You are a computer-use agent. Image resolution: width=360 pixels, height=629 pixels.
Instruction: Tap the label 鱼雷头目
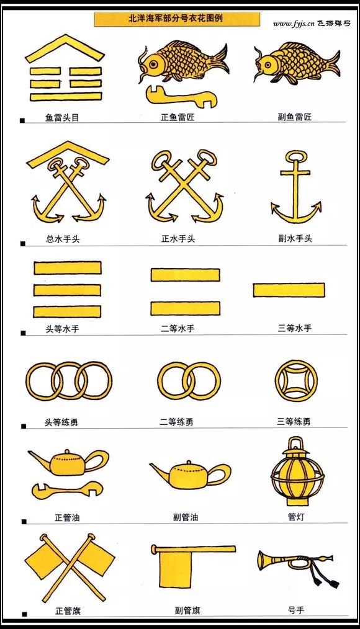[62, 117]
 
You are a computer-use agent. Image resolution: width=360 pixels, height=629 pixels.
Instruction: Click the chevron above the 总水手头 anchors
[68, 154]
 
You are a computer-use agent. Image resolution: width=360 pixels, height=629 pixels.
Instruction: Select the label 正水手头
[178, 239]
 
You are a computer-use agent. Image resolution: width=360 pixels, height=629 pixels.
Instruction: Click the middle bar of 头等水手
[67, 290]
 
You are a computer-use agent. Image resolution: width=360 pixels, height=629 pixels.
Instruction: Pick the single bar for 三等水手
[289, 290]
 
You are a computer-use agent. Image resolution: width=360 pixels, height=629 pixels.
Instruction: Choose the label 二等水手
[178, 329]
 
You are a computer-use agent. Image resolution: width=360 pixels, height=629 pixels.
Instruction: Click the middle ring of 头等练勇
[69, 381]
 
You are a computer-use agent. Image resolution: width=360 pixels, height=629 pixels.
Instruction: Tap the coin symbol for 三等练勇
[296, 381]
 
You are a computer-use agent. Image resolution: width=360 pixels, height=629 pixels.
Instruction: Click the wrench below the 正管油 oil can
[67, 490]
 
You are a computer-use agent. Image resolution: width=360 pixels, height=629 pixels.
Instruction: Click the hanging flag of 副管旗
[176, 568]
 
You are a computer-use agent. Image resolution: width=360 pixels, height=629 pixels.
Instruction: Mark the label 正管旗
[68, 611]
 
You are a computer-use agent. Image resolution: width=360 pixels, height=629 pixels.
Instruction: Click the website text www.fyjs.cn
[294, 24]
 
